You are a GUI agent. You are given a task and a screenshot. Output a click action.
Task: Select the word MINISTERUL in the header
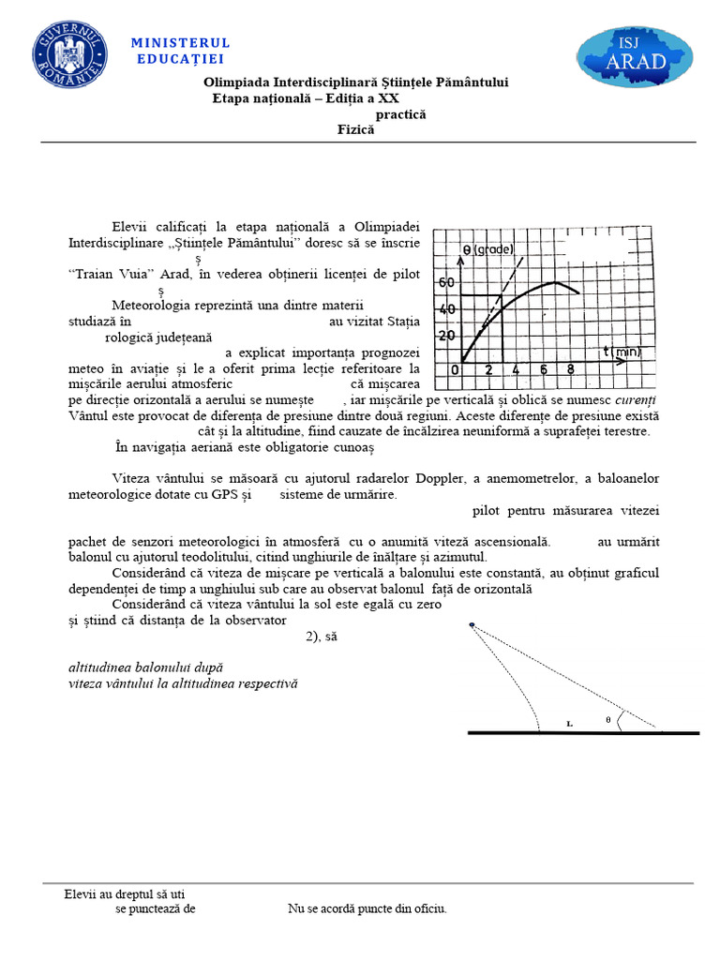(180, 43)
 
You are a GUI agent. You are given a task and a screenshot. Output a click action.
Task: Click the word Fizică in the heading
(356, 130)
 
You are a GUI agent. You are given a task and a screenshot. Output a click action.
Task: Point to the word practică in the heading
(401, 114)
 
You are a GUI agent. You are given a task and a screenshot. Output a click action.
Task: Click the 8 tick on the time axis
(570, 369)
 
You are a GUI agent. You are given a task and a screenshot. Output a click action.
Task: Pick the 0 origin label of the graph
(455, 369)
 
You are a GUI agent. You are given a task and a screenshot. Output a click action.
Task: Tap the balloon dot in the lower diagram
(472, 624)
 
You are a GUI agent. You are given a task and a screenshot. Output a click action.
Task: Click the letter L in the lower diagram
(569, 724)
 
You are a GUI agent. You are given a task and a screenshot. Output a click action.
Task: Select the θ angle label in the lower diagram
(607, 719)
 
